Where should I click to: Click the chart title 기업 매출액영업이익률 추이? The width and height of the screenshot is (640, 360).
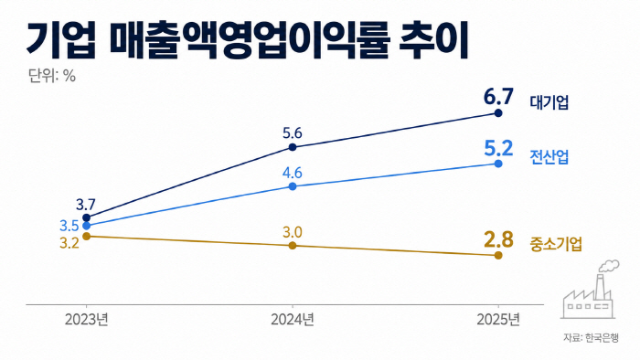point(248,41)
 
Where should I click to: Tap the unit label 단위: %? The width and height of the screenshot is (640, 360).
point(52,76)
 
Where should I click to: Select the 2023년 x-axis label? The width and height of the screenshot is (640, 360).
point(87,320)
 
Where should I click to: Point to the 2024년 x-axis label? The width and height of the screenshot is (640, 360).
point(293,320)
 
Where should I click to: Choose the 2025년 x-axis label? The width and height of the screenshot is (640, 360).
point(498,320)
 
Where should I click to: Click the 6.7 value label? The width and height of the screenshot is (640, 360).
point(498,97)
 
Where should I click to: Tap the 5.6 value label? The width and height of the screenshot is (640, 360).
point(293,133)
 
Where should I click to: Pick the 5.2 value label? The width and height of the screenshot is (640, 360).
point(498,148)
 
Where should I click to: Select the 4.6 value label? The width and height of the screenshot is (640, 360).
point(293,173)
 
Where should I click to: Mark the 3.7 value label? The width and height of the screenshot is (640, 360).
point(86,205)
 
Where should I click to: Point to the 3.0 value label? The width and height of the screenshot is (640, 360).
point(293,232)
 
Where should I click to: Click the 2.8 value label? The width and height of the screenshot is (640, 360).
point(498,239)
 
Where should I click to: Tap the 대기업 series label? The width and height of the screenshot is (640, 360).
point(549,102)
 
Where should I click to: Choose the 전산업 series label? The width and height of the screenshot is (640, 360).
point(549,156)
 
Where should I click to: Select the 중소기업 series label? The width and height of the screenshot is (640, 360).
point(556,244)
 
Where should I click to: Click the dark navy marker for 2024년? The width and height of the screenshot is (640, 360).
point(293,147)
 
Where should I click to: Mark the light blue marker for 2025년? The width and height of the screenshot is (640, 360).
point(498,164)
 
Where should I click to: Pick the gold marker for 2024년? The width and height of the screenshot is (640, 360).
point(293,246)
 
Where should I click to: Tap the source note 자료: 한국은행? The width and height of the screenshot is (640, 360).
point(591,337)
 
